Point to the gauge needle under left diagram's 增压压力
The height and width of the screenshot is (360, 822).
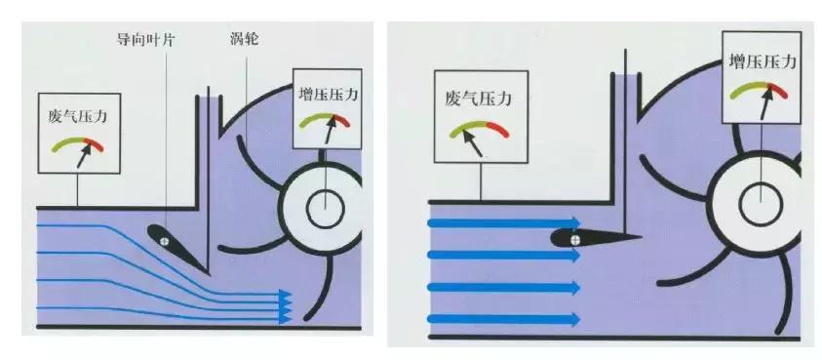click(x=330, y=130)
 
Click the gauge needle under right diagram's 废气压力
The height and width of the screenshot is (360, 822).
click(x=471, y=143)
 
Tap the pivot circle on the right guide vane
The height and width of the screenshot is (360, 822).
click(x=575, y=236)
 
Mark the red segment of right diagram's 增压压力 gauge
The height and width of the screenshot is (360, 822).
click(x=778, y=90)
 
